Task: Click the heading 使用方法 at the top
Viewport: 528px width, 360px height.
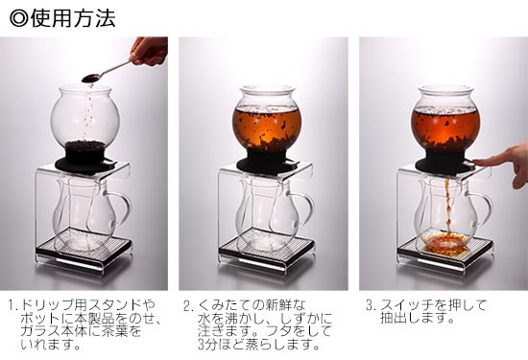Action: tap(73, 18)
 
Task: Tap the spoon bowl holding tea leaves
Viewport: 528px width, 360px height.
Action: tap(91, 78)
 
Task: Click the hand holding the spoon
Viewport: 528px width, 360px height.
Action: tap(149, 51)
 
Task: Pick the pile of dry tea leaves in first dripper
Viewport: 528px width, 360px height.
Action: tap(84, 146)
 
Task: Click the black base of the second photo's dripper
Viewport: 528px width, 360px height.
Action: tap(268, 162)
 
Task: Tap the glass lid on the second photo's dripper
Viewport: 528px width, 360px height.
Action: tap(268, 89)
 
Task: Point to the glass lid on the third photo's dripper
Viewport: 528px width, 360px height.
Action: tap(445, 89)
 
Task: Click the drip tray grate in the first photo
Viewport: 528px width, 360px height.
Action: tap(84, 246)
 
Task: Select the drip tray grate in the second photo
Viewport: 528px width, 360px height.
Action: tap(267, 246)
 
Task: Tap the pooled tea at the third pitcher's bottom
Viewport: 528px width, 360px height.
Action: tap(445, 241)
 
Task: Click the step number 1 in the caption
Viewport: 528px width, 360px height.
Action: tap(12, 306)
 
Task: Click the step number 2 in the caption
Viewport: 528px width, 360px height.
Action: tap(188, 306)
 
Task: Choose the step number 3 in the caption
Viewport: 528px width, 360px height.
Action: tap(371, 306)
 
